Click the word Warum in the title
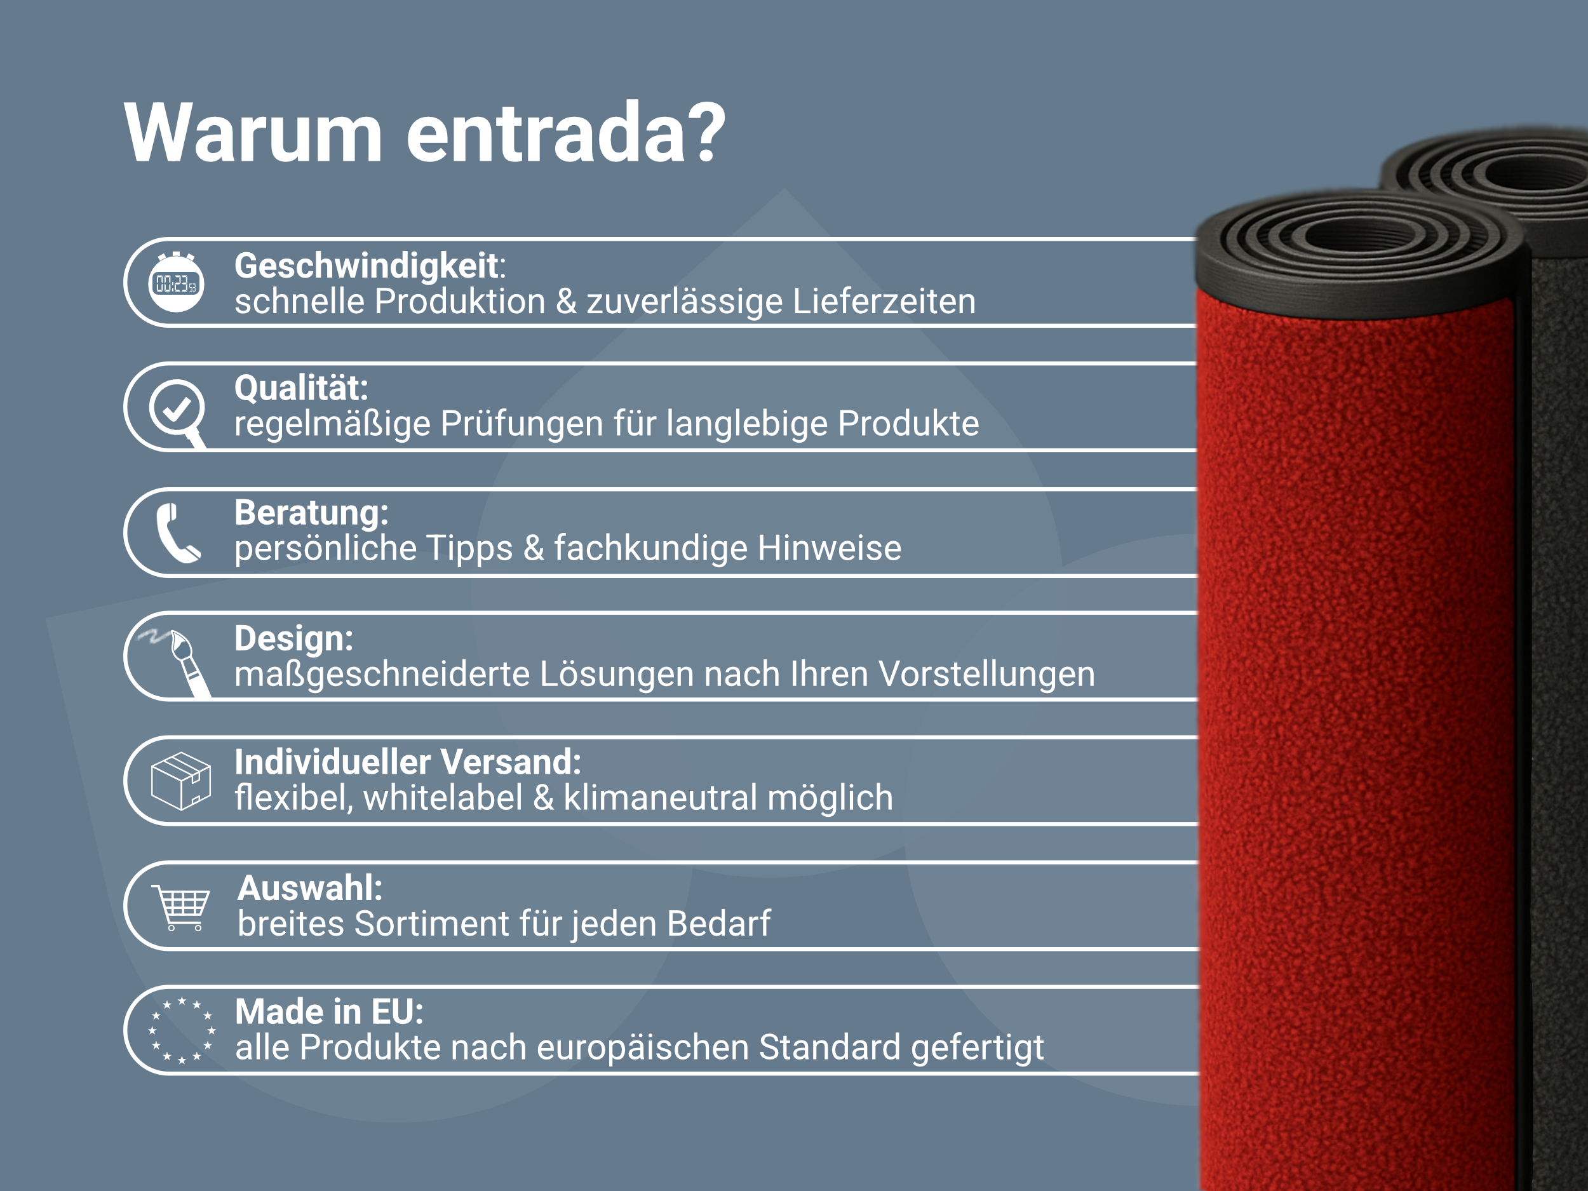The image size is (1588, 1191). (253, 133)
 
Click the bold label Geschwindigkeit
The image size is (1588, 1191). (366, 266)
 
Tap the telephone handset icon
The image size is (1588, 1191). (177, 533)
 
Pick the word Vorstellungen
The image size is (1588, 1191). (986, 674)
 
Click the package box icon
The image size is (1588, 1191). (181, 781)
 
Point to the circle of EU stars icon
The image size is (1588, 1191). (181, 1030)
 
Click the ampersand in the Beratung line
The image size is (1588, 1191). (533, 548)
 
